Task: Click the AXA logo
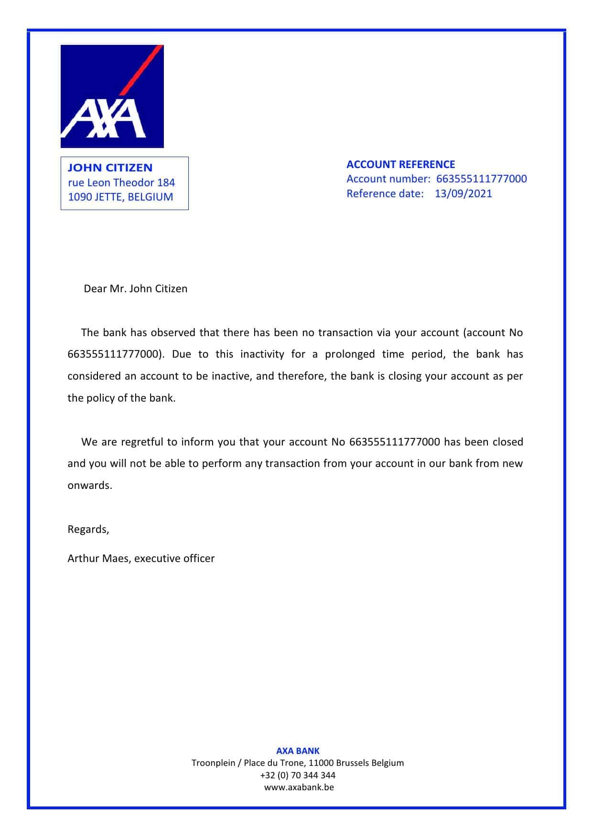pyautogui.click(x=112, y=96)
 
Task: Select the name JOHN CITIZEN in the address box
pyautogui.click(x=110, y=168)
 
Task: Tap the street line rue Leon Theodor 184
pyautogui.click(x=121, y=182)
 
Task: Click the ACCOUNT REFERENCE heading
pyautogui.click(x=400, y=164)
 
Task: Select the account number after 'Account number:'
pyautogui.click(x=481, y=179)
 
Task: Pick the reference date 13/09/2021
pyautogui.click(x=463, y=193)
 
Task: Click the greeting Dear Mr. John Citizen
pyautogui.click(x=135, y=288)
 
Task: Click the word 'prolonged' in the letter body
pyautogui.click(x=350, y=354)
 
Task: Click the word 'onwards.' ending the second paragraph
pyautogui.click(x=90, y=486)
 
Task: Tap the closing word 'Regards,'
pyautogui.click(x=88, y=529)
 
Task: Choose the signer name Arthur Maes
pyautogui.click(x=98, y=558)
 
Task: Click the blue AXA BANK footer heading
pyautogui.click(x=298, y=751)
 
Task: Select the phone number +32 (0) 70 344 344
pyautogui.click(x=298, y=775)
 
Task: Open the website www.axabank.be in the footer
pyautogui.click(x=299, y=787)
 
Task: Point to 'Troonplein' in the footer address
pyautogui.click(x=213, y=763)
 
